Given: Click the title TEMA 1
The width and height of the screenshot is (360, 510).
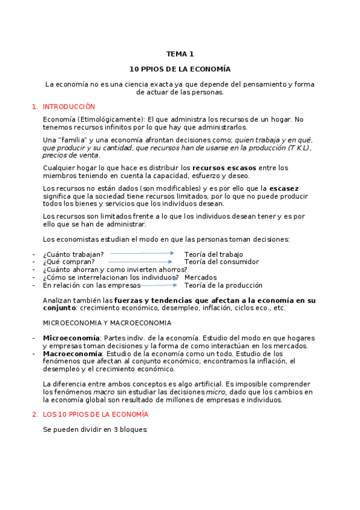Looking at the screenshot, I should coord(180,54).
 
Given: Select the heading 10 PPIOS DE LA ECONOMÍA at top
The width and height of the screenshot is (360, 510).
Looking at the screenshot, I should coord(180,69).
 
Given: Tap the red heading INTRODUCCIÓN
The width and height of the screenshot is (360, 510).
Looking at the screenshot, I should coord(69,106).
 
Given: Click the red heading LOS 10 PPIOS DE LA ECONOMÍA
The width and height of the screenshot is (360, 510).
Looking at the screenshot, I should coord(95,414).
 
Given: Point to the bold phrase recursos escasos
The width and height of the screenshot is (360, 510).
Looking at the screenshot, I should coord(224,167).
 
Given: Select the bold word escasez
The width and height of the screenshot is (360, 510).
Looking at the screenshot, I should coord(284,188).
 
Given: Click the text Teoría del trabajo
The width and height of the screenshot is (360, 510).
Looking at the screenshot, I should coord(213,254).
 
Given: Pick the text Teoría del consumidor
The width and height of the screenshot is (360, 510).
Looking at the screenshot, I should coord(221,262).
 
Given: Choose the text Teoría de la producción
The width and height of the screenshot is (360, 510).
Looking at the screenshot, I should coord(223,285).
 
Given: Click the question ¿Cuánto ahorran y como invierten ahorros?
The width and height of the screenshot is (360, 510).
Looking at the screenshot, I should coord(115,269).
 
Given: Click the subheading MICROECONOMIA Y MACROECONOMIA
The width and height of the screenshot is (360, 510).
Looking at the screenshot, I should coord(107,323).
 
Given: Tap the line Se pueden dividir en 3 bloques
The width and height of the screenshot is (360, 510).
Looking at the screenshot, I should coord(95,430).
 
